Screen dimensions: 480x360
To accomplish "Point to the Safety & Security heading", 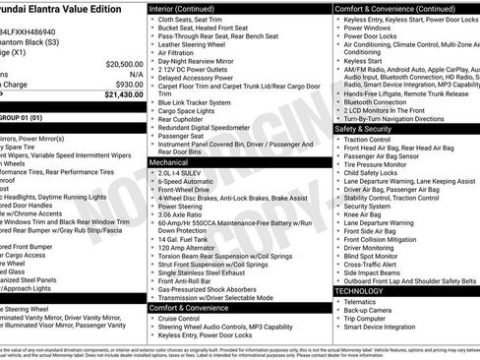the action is (370, 129).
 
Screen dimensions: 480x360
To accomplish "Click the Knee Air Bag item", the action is (366, 213).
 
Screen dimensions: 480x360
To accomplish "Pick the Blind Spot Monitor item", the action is (374, 256).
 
